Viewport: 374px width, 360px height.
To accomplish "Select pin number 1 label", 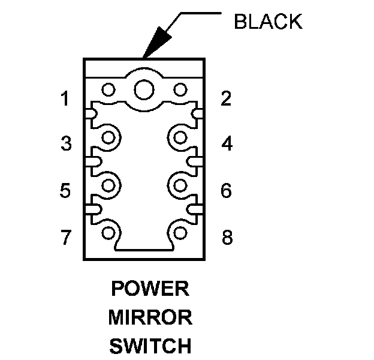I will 65,99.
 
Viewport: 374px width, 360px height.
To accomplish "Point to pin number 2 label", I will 226,99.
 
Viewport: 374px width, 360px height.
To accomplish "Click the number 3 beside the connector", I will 65,144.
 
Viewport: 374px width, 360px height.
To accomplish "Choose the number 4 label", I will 227,144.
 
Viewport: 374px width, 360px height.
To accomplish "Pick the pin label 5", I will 65,191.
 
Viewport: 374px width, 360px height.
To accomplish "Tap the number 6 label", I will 226,191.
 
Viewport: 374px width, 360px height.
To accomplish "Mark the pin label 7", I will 65,238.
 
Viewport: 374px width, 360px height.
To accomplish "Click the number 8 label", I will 227,238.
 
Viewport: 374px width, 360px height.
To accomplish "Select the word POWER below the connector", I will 150,289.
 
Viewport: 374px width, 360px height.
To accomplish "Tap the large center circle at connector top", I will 144,90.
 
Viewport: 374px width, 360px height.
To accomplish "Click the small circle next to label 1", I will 108,90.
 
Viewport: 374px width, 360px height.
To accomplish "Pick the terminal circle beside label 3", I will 108,138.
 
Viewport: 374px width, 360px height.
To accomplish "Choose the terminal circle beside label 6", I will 180,184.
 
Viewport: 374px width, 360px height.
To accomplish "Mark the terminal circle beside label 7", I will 108,232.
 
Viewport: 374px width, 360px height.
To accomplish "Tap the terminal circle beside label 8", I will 180,232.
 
